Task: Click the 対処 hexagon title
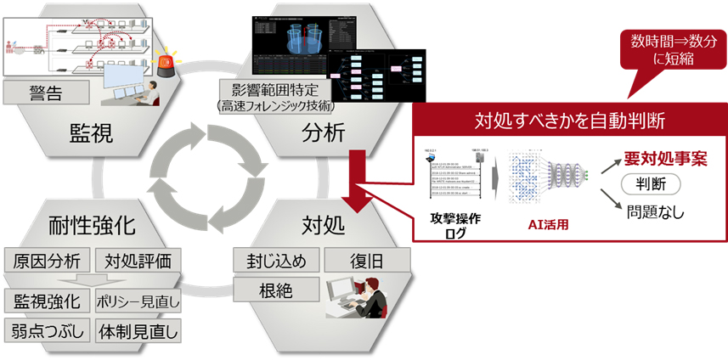[323, 225]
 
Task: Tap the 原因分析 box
[47, 260]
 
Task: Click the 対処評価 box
[137, 260]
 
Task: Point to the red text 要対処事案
[665, 158]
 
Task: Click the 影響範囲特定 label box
[275, 89]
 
